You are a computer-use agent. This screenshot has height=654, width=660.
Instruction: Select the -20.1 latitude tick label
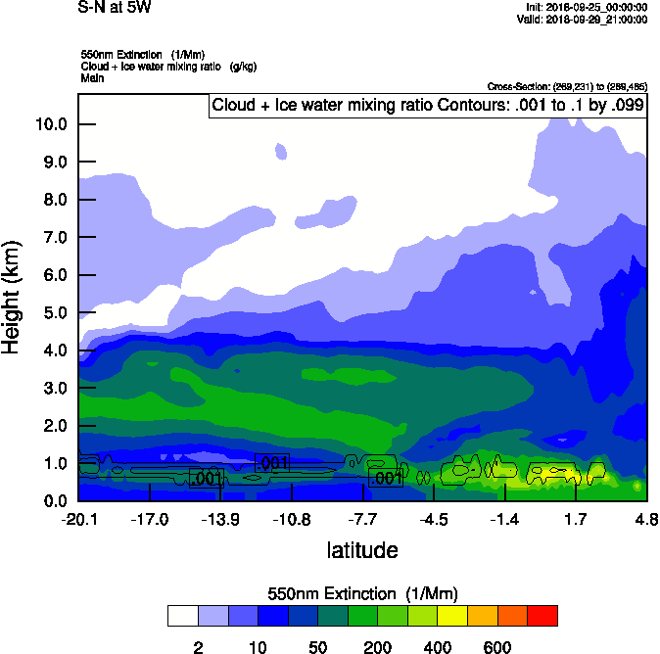78,519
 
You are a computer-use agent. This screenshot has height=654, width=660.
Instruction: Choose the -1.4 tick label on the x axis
504,519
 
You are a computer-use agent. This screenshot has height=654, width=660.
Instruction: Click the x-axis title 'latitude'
362,550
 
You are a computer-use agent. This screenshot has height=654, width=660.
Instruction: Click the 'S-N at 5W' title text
116,8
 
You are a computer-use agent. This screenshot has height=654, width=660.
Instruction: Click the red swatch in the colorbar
542,616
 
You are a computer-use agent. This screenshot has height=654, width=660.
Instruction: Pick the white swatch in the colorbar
182,616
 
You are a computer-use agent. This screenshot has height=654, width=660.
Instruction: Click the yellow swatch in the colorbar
451,616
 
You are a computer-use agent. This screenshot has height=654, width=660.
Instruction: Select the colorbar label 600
496,647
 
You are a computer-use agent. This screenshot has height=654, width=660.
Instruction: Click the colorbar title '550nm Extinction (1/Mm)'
362,594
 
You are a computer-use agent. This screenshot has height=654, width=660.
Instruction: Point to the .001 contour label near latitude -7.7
386,478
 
